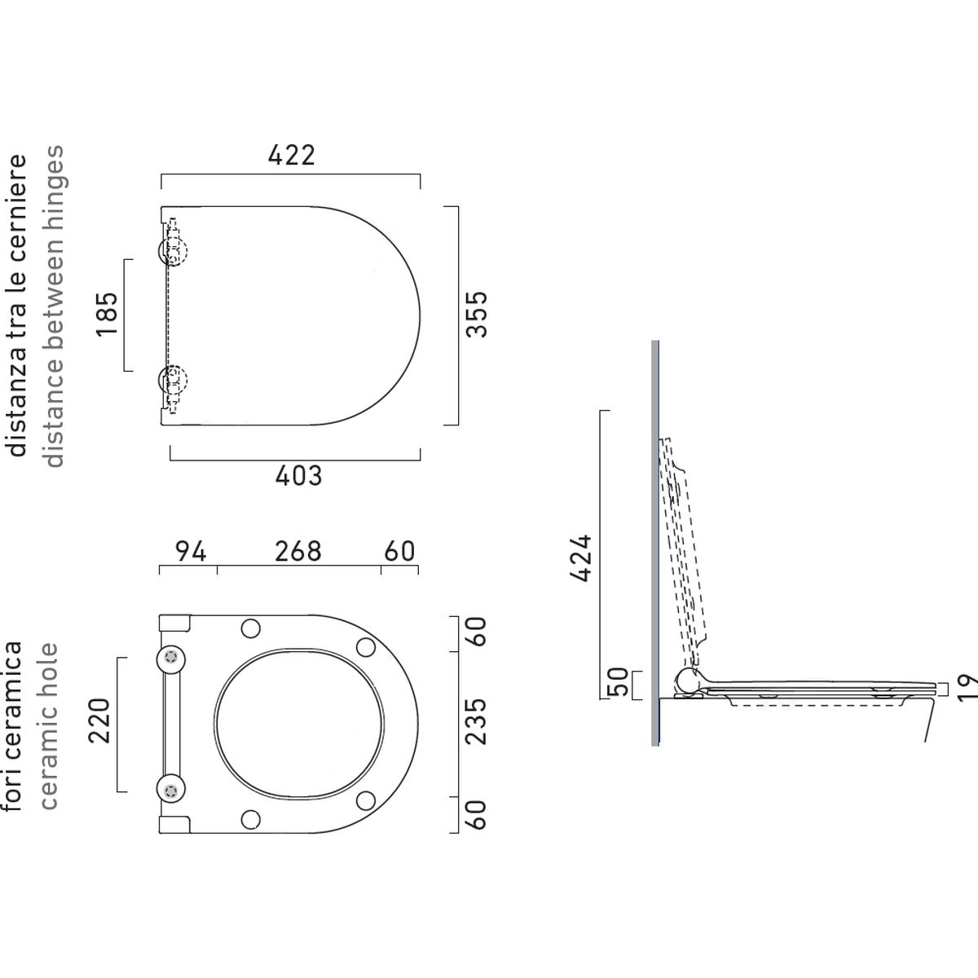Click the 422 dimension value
point(291,156)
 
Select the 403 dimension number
point(298,475)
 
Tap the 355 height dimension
point(477,314)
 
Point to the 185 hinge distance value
point(107,314)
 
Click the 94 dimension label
point(191,551)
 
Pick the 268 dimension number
point(298,551)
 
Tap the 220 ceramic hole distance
point(99,720)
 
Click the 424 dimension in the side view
point(580,557)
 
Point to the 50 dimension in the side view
point(618,682)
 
